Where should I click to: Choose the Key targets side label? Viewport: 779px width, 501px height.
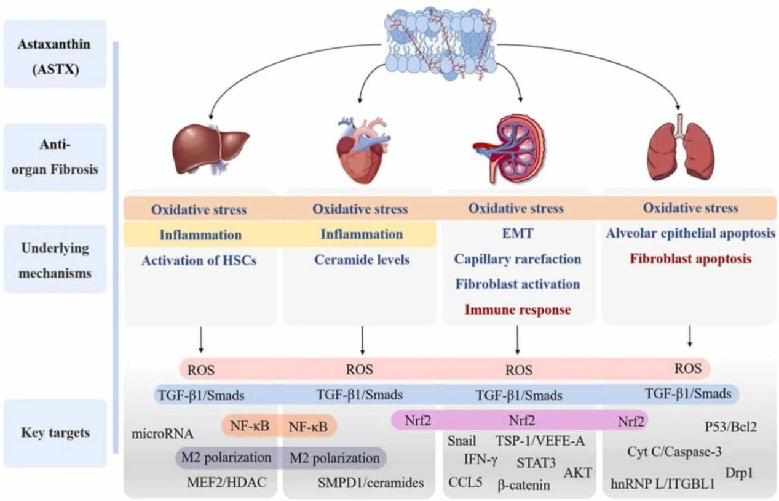click(x=54, y=433)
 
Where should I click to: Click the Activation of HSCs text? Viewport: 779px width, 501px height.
click(x=199, y=260)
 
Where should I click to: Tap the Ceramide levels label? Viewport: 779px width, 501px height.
click(x=362, y=260)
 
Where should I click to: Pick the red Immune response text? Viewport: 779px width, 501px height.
click(x=517, y=310)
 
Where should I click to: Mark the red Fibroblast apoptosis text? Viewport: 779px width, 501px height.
click(x=690, y=259)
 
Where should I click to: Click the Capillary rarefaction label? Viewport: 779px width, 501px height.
click(x=518, y=259)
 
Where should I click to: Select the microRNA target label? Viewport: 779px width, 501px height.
click(x=163, y=434)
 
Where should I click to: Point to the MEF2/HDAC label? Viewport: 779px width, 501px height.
click(x=227, y=483)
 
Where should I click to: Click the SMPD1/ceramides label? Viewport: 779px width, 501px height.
click(x=371, y=483)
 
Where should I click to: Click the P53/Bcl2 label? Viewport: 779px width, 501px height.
click(x=730, y=426)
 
